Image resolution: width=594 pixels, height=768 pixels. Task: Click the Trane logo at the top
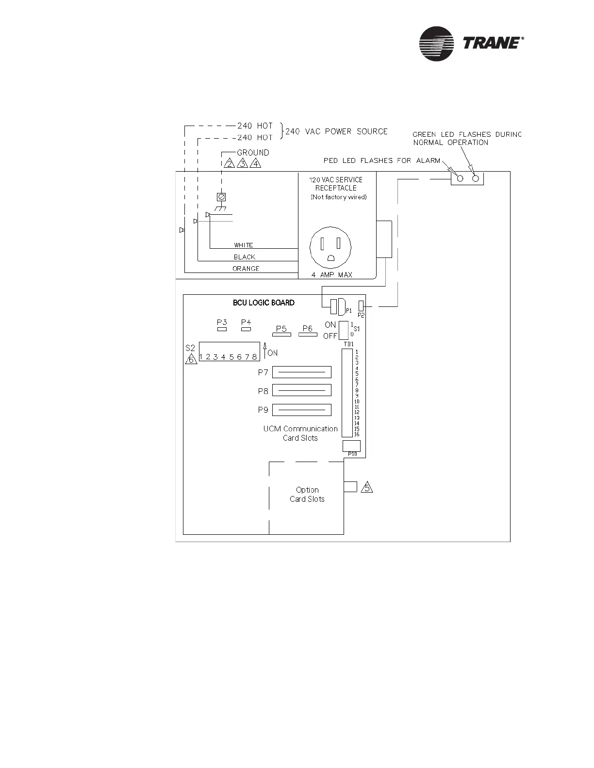471,44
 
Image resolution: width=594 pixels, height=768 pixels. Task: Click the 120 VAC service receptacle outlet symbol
330,248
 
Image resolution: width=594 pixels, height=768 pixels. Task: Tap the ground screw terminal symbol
221,197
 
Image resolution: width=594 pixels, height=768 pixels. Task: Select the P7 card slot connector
301,372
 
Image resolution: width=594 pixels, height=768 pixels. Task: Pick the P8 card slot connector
301,390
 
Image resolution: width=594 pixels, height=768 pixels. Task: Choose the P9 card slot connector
301,410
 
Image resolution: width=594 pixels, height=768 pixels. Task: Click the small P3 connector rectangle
222,329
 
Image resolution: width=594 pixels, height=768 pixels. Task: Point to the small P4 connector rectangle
246,329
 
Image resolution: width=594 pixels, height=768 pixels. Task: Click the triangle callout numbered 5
367,487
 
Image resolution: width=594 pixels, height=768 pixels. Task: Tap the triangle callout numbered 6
191,359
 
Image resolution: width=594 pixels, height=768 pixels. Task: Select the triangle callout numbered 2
230,163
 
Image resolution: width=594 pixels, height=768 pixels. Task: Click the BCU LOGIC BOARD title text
264,303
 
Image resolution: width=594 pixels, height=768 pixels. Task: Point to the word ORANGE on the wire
246,269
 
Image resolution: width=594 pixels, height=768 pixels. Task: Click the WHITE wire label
243,245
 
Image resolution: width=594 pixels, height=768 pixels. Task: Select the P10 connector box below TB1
351,446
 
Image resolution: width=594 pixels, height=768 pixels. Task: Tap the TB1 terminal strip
347,393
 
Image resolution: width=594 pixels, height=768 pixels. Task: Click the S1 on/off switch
344,330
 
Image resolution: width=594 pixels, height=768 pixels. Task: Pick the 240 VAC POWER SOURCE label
336,131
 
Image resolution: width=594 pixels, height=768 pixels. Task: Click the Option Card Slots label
307,495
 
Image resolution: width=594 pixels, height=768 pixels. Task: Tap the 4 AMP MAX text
332,275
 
